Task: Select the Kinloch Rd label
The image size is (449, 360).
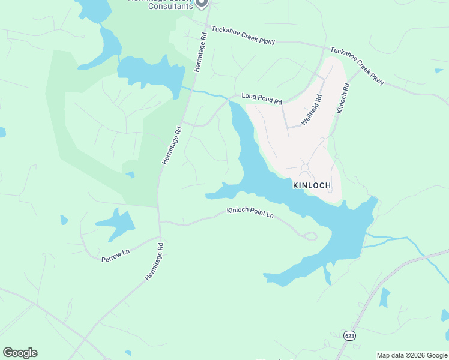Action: click(x=343, y=99)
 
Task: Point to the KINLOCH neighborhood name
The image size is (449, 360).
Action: click(x=312, y=185)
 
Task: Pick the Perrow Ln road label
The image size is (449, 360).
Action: click(x=115, y=254)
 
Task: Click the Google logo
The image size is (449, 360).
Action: click(x=20, y=353)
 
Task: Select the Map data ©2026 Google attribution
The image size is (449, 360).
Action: click(x=412, y=355)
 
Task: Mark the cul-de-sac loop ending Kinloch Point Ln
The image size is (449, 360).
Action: click(x=310, y=236)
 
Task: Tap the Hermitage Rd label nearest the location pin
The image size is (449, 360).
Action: click(x=200, y=53)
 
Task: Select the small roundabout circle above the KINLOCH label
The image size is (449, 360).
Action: click(x=305, y=167)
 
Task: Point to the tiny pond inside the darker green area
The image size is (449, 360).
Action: click(x=130, y=175)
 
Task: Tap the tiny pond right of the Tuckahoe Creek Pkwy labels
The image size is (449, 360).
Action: click(x=439, y=71)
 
